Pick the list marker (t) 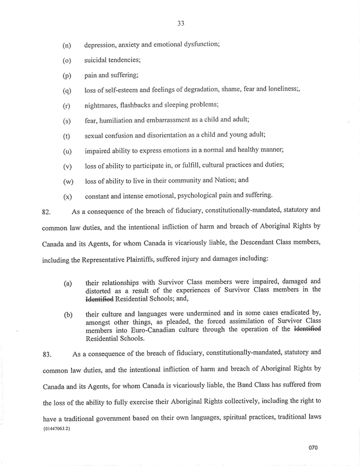point(67,136)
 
